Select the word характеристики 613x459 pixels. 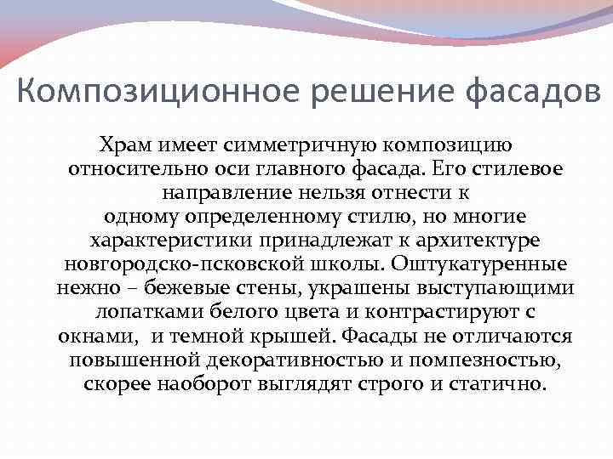click(169, 240)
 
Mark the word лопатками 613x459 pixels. click(142, 312)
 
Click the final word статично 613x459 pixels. click(499, 384)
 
